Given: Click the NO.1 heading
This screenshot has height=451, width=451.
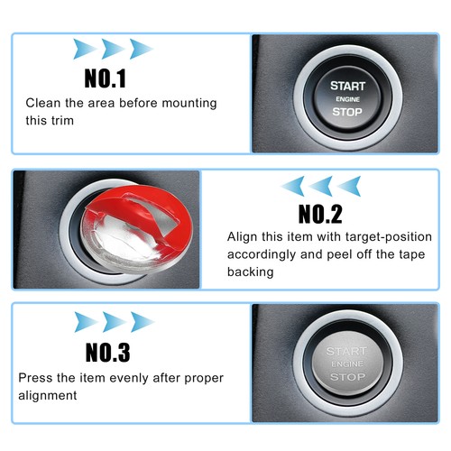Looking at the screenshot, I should point(106,78).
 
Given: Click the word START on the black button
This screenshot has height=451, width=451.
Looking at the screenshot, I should point(347,85).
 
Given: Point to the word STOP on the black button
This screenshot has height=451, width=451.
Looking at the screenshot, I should point(347,113).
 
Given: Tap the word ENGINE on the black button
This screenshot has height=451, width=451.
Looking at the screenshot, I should point(347,99).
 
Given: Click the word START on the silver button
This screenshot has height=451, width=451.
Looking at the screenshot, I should point(347,350).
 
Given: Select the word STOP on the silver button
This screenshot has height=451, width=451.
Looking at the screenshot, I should point(347,377).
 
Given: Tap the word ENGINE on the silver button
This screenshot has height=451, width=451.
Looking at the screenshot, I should point(347,364).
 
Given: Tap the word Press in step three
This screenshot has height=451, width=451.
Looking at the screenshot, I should point(36,378).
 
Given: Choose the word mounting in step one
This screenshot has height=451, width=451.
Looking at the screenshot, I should point(188,104).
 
